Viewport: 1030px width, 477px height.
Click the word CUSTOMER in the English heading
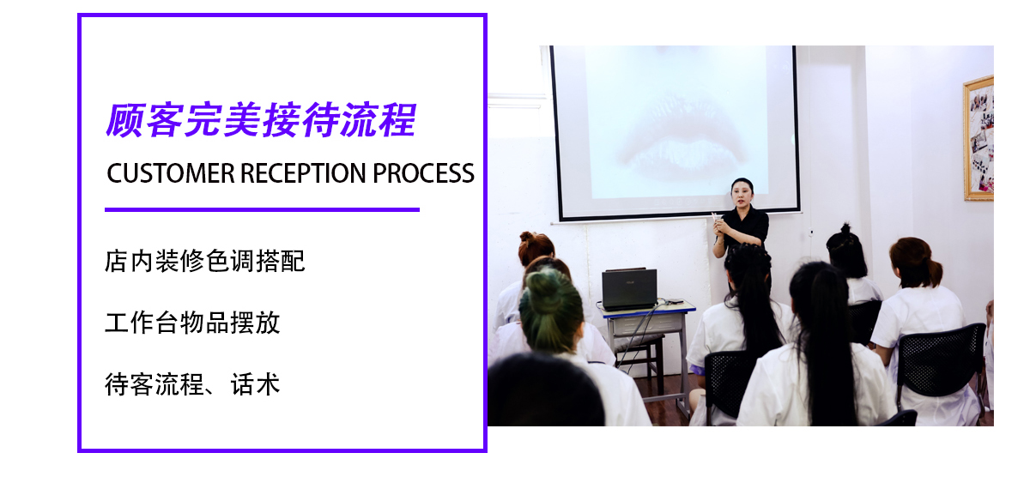[171, 173]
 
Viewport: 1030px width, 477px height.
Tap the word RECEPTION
[303, 173]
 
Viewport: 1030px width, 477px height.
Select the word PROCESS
[423, 173]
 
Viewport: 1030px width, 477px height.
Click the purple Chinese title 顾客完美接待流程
[261, 120]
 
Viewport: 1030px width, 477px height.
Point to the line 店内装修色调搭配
[204, 261]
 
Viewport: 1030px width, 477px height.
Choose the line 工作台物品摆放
[192, 323]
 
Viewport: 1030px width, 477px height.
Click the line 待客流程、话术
[192, 384]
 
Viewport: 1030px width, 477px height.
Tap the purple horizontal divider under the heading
[262, 209]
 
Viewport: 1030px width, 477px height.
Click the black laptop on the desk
[629, 289]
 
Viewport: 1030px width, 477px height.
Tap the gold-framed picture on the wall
[978, 138]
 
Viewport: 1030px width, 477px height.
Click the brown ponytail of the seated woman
[934, 271]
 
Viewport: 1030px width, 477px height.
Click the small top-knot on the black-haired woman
[845, 228]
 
